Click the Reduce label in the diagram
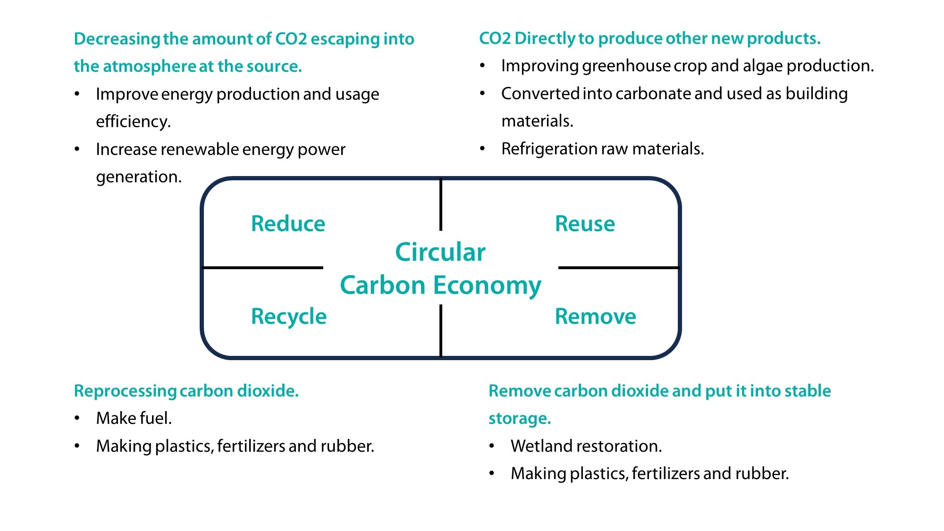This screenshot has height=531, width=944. pyautogui.click(x=288, y=224)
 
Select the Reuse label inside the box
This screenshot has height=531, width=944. pyautogui.click(x=585, y=224)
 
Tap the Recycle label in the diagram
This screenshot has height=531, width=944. pyautogui.click(x=288, y=316)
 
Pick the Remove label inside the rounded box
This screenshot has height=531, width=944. pyautogui.click(x=595, y=316)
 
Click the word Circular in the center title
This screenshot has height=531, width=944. pyautogui.click(x=440, y=252)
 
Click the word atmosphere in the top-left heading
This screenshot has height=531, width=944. pyautogui.click(x=149, y=67)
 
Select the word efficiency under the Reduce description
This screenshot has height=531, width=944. pyautogui.click(x=132, y=122)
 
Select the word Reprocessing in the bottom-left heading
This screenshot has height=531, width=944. pyautogui.click(x=125, y=391)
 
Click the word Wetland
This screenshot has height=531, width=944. pyautogui.click(x=540, y=446)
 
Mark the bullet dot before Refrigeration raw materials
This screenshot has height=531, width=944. pyautogui.click(x=482, y=149)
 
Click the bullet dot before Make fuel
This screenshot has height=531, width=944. pyautogui.click(x=77, y=418)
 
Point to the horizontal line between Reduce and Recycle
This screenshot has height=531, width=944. pyautogui.click(x=262, y=268)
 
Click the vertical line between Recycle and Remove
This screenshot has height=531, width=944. pyautogui.click(x=441, y=330)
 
